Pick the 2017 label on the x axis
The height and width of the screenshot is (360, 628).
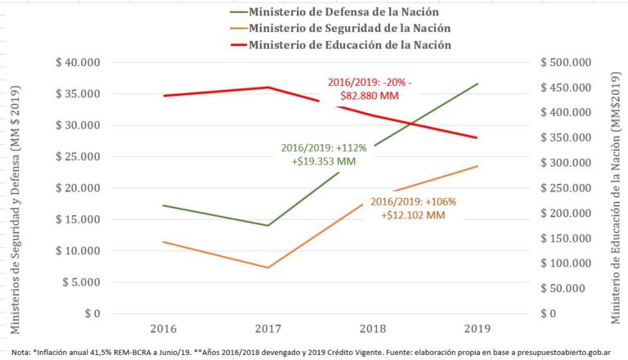(268, 328)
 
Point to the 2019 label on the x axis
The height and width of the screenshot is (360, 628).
(477, 328)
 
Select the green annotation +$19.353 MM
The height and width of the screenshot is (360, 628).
(324, 162)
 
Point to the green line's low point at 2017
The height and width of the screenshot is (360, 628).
(267, 226)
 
